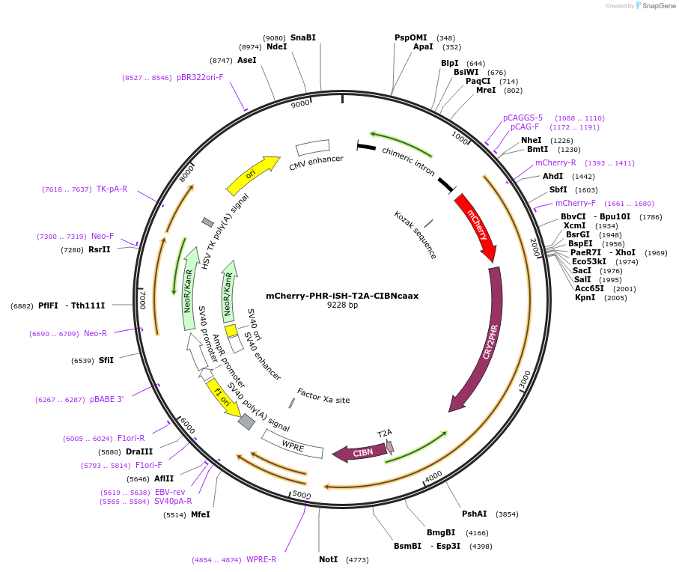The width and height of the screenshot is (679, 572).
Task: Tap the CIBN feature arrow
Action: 359,452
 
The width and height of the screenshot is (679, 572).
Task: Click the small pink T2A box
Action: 390,447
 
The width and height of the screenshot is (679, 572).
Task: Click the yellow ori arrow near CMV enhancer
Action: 251,175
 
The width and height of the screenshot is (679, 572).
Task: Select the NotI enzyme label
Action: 328,559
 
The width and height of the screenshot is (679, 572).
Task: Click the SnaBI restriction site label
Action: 303,37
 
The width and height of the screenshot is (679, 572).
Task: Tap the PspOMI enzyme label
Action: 410,37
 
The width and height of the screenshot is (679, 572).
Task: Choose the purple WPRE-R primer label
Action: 261,559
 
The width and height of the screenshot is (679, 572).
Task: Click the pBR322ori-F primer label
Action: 200,77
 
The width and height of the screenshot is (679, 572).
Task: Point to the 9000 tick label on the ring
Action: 300,104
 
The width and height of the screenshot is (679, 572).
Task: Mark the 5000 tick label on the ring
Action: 301,495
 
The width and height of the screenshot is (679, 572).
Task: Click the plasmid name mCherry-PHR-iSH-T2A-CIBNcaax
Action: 342,295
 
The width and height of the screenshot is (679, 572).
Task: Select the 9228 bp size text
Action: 342,305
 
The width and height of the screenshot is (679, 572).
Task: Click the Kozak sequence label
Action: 415,234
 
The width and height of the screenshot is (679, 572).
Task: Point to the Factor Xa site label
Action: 323,395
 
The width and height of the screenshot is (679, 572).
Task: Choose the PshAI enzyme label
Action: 474,514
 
